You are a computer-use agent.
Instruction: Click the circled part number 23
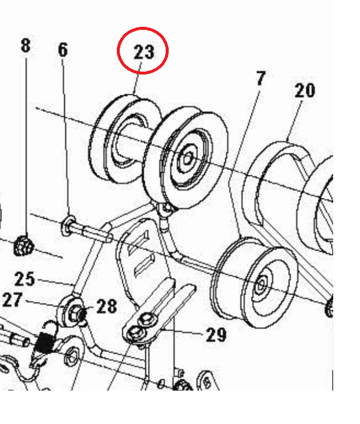(x=144, y=52)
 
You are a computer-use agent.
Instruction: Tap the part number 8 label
(x=26, y=45)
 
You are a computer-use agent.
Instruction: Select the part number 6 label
(x=63, y=49)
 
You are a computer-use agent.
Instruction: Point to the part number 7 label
(x=260, y=78)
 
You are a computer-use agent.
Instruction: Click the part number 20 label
(x=304, y=91)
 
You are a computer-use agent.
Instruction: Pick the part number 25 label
(x=25, y=278)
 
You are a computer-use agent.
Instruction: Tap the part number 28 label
(x=107, y=307)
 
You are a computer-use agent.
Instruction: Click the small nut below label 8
(x=24, y=244)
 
